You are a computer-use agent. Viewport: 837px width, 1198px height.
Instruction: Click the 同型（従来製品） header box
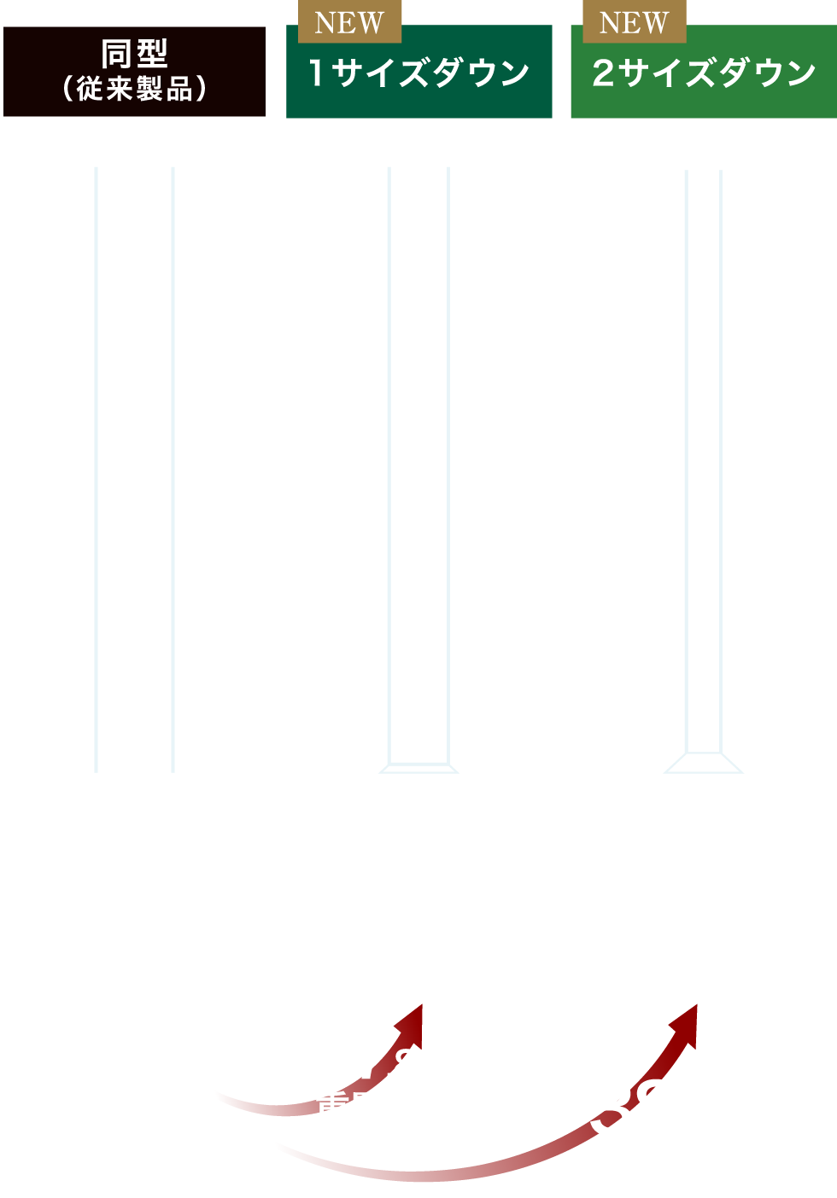point(135,72)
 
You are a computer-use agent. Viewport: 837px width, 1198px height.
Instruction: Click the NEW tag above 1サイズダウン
point(349,22)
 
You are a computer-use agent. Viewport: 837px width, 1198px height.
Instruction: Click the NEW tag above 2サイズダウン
point(634,22)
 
